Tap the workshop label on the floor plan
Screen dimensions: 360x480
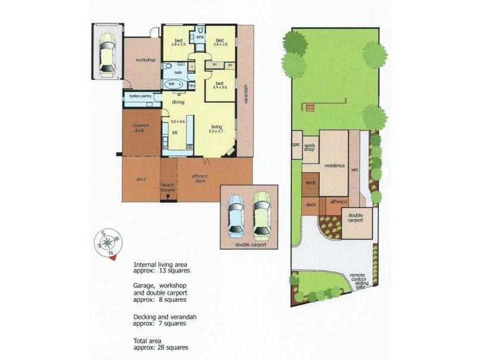145,60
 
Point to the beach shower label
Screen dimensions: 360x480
168,187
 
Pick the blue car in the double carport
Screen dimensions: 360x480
236,217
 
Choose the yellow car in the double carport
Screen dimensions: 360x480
262,214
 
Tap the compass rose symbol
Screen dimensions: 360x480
107,242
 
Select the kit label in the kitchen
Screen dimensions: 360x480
175,132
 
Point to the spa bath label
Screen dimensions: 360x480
171,84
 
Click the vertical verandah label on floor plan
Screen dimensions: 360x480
245,93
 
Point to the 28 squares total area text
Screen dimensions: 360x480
161,347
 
